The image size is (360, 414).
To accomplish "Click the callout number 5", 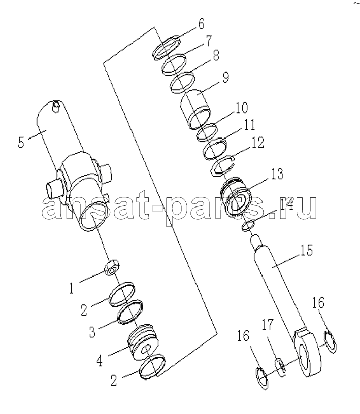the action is pos(21,143).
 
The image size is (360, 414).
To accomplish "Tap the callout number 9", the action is pos(225,77).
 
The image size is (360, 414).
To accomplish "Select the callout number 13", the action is pos(277,174).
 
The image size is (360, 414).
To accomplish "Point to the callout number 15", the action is pos(306,250).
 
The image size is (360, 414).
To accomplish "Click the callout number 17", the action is pos(267,325).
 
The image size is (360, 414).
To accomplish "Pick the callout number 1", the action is pos(71,288).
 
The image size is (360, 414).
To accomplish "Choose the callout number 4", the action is pos(99,361).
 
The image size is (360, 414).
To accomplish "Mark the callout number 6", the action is pos(201,24).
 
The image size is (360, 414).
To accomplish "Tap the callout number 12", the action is pos(258,142).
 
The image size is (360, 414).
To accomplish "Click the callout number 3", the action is pos(92,332).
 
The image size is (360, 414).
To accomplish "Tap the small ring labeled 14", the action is pos(248,225).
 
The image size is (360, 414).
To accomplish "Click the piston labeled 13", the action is pos(237,196).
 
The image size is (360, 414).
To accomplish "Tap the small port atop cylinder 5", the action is pos(56,106).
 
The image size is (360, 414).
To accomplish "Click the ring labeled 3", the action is pos(130,312).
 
